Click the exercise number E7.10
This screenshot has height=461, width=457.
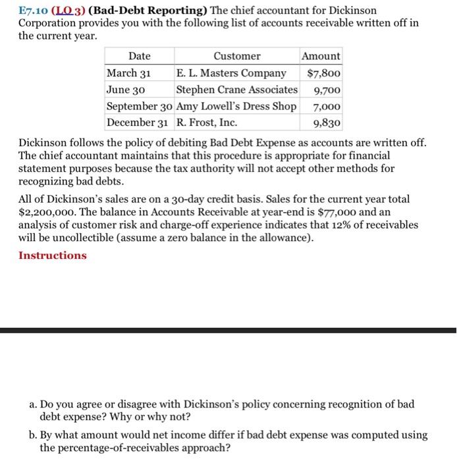click(33, 11)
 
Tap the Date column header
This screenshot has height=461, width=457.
click(139, 56)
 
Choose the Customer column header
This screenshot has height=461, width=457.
click(236, 56)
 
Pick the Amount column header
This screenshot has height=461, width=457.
click(321, 56)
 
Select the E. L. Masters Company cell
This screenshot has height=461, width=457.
click(231, 72)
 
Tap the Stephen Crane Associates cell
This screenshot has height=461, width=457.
click(236, 89)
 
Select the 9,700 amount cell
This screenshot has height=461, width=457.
click(327, 89)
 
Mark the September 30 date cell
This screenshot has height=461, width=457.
click(140, 106)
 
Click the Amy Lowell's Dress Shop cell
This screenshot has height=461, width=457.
click(236, 106)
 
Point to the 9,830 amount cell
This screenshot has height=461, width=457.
click(327, 122)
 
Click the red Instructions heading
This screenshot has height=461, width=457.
click(53, 256)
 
